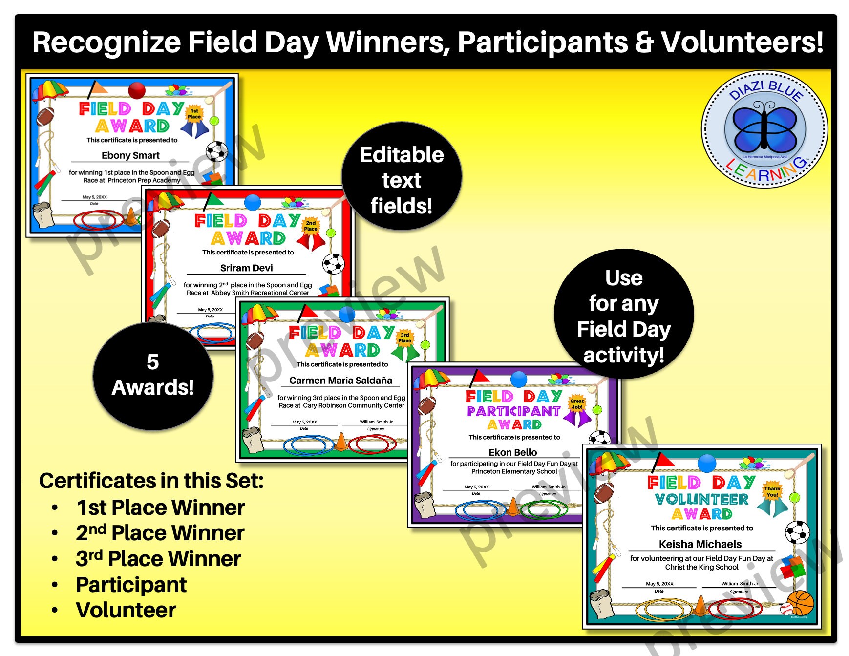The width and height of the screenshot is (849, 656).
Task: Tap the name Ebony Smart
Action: click(x=130, y=155)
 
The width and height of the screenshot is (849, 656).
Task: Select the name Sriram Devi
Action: click(x=246, y=268)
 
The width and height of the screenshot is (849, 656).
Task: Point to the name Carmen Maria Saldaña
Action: click(x=340, y=380)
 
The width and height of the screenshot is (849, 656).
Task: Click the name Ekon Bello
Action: click(x=512, y=452)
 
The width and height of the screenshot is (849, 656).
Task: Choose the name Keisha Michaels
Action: click(x=700, y=544)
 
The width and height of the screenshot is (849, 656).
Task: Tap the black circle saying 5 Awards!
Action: click(x=153, y=376)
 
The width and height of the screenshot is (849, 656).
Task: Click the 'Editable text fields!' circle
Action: click(x=402, y=180)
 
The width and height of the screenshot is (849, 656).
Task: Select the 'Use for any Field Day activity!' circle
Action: click(x=624, y=316)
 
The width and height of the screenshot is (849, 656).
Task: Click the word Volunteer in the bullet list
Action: click(x=126, y=610)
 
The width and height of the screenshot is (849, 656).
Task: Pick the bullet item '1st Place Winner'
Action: click(x=160, y=508)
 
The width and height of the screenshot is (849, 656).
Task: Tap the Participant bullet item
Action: click(x=131, y=585)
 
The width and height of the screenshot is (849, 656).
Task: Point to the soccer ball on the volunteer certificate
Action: click(x=797, y=532)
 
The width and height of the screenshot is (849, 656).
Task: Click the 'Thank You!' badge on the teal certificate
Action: click(x=772, y=492)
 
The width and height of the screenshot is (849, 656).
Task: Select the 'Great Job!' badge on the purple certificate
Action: click(x=577, y=404)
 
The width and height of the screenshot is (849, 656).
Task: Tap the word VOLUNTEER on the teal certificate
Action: click(x=701, y=499)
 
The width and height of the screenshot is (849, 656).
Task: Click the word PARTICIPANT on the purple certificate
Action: click(x=513, y=411)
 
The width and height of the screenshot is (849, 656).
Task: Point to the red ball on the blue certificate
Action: click(x=137, y=90)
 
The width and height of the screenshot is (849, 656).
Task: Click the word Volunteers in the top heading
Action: click(x=742, y=42)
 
